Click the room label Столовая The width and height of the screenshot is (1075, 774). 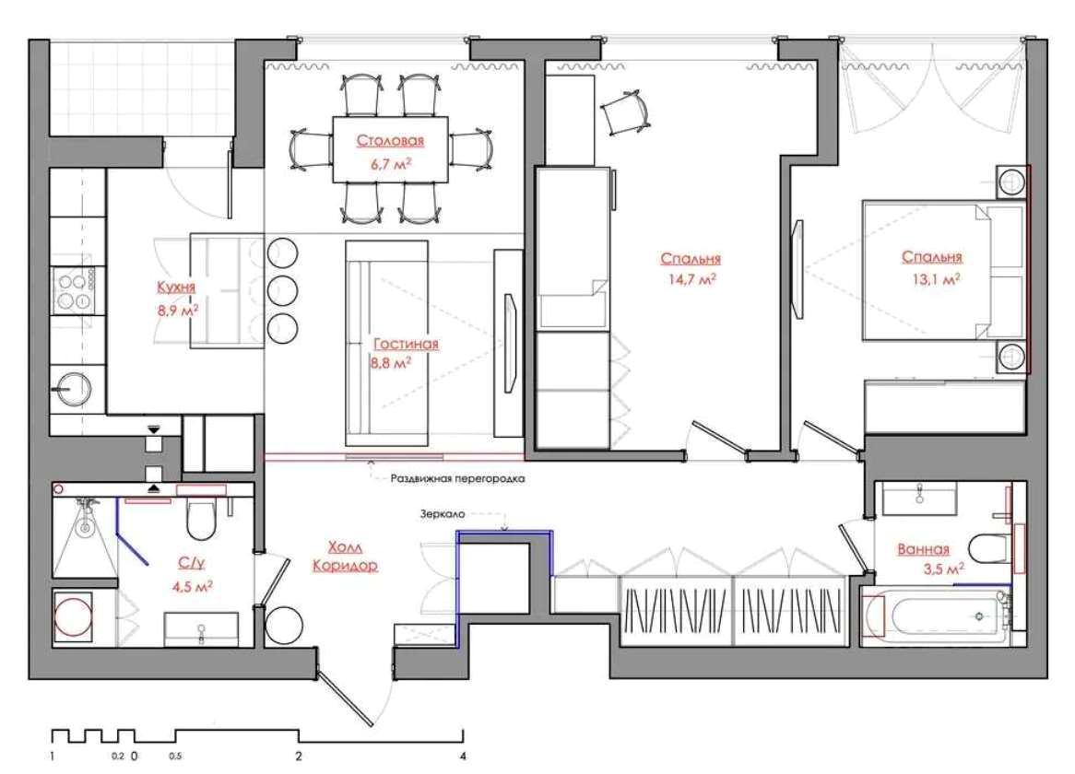point(390,141)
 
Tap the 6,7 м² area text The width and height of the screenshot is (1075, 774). point(391,164)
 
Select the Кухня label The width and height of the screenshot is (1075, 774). point(176,287)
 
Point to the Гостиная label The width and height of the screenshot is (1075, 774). point(406,344)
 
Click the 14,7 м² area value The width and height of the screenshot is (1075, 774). point(691,279)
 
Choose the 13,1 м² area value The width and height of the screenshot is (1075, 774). point(936,279)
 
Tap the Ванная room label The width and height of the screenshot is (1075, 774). point(924,549)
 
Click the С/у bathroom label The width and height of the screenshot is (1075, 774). point(191,563)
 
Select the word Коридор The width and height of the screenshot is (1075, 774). point(345,566)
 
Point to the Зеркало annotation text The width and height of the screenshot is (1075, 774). point(443,514)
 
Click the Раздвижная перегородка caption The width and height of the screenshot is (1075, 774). point(458,479)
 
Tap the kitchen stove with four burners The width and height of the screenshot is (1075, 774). point(75,289)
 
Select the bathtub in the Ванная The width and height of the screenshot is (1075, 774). point(936,616)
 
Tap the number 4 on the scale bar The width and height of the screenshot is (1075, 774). point(464,756)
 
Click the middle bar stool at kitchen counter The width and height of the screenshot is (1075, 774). point(282,291)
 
